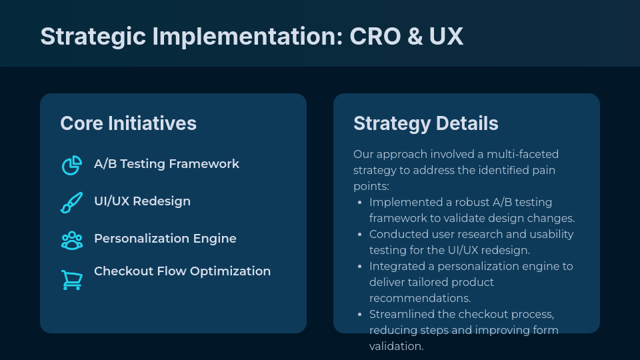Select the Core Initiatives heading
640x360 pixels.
[x=128, y=123]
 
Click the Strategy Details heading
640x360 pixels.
[x=425, y=123]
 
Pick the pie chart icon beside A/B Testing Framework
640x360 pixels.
[x=71, y=165]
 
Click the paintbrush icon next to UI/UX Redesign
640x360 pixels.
[x=71, y=203]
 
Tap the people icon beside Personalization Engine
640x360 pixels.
[x=71, y=240]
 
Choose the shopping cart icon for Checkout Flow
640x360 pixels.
[x=71, y=279]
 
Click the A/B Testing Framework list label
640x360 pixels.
[x=166, y=164]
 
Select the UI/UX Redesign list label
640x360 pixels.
[x=142, y=201]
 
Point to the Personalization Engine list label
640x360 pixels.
[x=165, y=239]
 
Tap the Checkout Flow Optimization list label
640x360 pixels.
[x=182, y=271]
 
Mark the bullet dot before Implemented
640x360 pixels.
[x=360, y=203]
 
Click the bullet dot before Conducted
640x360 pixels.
[x=360, y=235]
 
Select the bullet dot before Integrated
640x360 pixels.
[x=360, y=267]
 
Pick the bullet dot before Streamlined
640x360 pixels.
[x=360, y=315]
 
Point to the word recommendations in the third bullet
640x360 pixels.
[x=420, y=299]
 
